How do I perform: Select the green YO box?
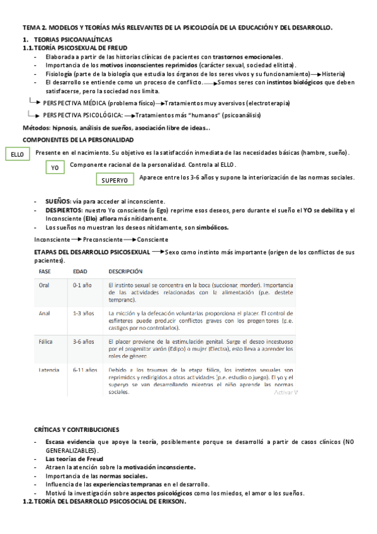[55, 168]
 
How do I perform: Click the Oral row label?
[44, 285]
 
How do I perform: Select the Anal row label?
[44, 313]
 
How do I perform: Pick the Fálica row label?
[45, 341]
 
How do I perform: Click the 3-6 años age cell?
[84, 341]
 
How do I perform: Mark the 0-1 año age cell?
[82, 285]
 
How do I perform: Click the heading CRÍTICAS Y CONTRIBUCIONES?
[76, 429]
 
